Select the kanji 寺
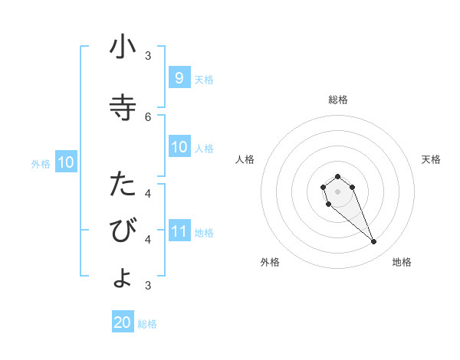123,107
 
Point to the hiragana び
123,231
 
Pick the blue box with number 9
179,77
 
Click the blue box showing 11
179,231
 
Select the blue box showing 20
123,322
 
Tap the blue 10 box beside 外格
65,162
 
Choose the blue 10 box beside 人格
179,147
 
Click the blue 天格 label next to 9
204,79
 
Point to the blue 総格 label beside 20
147,324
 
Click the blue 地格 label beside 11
204,232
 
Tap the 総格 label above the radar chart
337,100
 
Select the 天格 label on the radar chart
431,159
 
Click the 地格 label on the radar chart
402,262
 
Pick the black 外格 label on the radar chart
270,262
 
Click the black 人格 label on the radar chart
245,159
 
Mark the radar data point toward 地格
374,242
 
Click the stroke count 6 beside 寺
148,116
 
